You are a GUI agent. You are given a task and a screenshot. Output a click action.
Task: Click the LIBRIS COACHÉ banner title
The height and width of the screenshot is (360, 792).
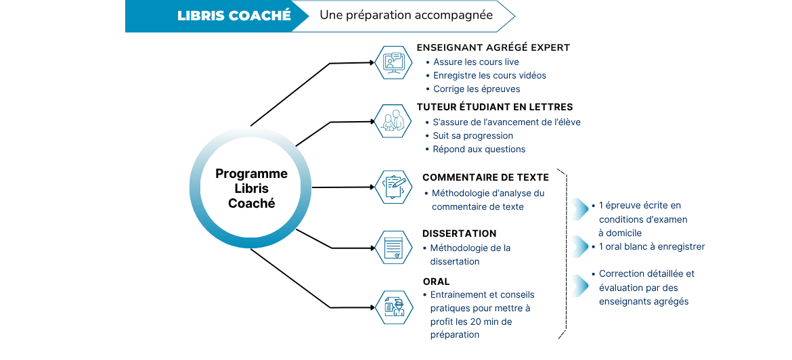point(234,16)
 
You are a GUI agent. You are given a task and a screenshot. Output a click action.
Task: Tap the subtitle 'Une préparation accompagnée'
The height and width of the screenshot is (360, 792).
point(406,15)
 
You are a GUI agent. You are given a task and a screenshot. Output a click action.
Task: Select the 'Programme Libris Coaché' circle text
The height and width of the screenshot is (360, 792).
point(252,188)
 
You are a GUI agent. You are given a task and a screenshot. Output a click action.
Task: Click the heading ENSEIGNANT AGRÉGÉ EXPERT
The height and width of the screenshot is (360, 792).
point(493,48)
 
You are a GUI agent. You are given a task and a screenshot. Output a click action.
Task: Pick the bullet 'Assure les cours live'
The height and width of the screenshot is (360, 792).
point(476,62)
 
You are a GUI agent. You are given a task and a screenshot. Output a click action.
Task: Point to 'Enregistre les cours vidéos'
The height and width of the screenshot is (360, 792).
point(489,76)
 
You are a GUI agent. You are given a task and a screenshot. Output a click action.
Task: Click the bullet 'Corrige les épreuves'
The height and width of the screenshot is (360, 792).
point(477,89)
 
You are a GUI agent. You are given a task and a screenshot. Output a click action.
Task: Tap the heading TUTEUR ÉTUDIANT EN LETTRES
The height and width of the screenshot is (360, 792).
point(495,108)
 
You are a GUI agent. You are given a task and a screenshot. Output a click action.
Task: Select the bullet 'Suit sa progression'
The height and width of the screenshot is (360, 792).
point(472,136)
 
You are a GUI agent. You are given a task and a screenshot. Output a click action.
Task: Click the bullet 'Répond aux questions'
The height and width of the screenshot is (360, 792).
point(479,150)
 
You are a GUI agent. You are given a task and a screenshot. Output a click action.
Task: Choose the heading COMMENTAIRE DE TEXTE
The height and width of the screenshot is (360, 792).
point(485,178)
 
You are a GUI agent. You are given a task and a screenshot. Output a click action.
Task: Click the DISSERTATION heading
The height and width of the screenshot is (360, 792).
point(459,233)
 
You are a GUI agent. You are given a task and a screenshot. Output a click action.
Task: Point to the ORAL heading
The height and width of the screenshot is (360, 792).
point(436,282)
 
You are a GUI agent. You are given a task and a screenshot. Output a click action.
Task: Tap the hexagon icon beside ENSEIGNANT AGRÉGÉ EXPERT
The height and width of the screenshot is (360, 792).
point(393,63)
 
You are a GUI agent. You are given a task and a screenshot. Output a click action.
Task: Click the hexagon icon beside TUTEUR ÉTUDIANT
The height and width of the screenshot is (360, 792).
point(393,121)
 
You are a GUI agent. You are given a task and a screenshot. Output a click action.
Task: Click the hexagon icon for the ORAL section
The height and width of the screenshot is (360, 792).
point(394,307)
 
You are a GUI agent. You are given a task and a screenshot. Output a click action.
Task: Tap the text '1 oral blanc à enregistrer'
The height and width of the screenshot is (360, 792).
point(652,247)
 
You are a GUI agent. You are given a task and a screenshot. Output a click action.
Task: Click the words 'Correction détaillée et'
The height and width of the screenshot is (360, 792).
point(646,274)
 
